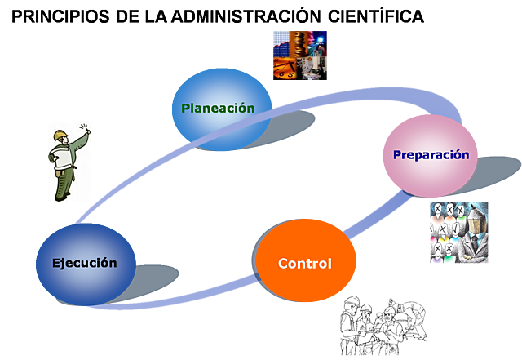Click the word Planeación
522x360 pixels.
click(218, 108)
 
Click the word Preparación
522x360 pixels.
click(431, 154)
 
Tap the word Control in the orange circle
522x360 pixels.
click(304, 264)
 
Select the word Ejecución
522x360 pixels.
click(84, 263)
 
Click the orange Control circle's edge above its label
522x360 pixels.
click(306, 222)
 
